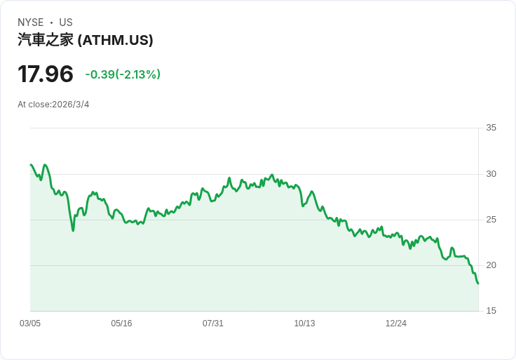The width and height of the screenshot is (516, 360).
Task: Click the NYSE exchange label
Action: tap(31, 22)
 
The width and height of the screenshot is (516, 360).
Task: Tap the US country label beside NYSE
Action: tap(66, 22)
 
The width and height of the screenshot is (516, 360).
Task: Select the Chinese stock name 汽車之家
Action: tap(46, 40)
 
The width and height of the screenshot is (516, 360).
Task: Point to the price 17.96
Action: tap(46, 74)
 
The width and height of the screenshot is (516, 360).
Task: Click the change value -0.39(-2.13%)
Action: tap(123, 74)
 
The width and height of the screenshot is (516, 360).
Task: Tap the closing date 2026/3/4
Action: tap(71, 105)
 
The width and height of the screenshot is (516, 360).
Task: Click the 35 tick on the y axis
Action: tap(491, 128)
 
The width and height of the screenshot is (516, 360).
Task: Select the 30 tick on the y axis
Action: tap(491, 174)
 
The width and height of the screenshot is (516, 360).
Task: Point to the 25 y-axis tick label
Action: tap(491, 220)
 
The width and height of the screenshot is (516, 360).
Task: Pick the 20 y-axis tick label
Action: tap(491, 265)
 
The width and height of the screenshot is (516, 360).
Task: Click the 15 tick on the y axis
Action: tap(491, 311)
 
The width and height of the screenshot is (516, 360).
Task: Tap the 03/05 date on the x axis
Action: tap(30, 324)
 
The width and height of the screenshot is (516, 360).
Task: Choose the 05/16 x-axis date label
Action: tap(121, 324)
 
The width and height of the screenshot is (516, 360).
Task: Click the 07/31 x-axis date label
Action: tap(213, 324)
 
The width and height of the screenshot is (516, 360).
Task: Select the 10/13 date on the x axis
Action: tap(304, 324)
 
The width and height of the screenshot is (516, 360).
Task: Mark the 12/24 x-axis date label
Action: tap(396, 324)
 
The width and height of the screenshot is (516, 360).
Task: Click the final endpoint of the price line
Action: tap(478, 284)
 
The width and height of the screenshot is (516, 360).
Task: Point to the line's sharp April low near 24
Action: tap(73, 231)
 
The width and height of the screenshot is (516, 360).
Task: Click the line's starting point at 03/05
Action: tap(31, 164)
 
